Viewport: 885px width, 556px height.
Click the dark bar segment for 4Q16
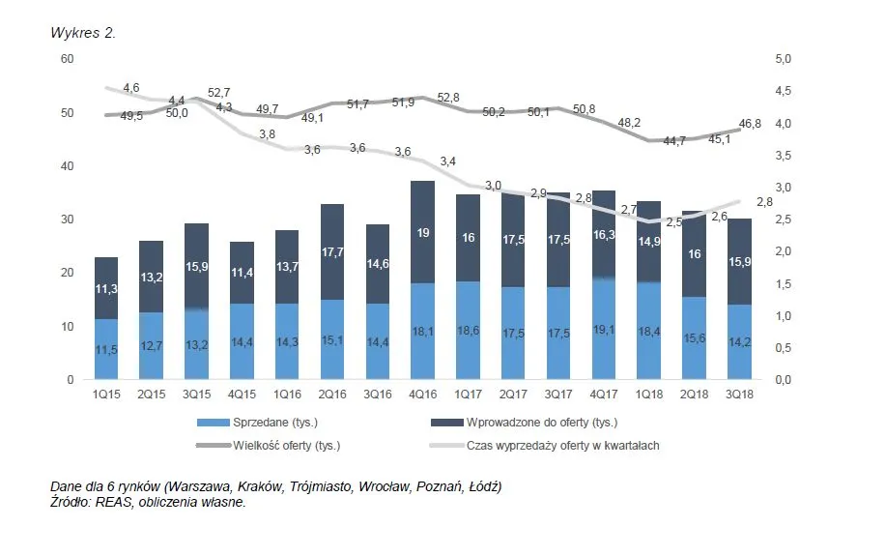pos(422,232)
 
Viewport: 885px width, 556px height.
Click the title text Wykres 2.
pos(83,33)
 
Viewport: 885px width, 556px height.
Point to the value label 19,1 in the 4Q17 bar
pos(605,332)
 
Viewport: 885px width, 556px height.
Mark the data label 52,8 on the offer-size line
pos(448,98)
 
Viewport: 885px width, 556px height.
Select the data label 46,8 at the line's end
pos(750,125)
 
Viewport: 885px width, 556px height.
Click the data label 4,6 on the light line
pos(131,88)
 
